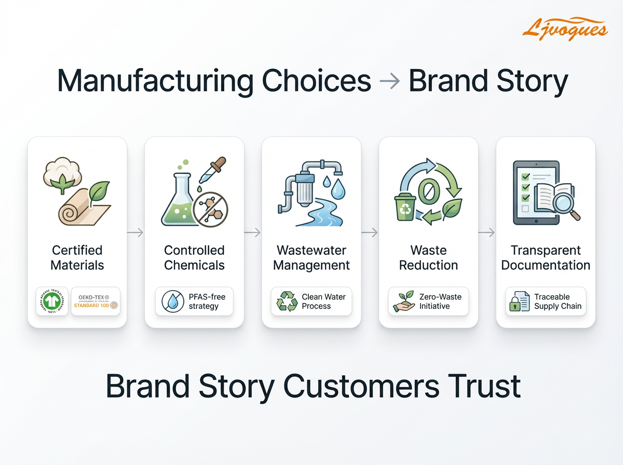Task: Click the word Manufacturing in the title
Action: pyautogui.click(x=155, y=81)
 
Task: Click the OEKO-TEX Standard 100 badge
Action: pyautogui.click(x=96, y=302)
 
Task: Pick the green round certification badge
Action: pyautogui.click(x=52, y=302)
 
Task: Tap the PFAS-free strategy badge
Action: pyautogui.click(x=194, y=302)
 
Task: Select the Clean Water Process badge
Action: pyautogui.click(x=311, y=302)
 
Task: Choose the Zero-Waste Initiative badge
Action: pyautogui.click(x=429, y=302)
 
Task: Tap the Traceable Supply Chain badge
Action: pyautogui.click(x=546, y=302)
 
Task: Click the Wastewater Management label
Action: pyautogui.click(x=311, y=257)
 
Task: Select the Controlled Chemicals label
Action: pyautogui.click(x=194, y=257)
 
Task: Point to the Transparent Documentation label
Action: pyautogui.click(x=546, y=257)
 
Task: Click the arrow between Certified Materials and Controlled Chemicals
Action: pyautogui.click(x=136, y=233)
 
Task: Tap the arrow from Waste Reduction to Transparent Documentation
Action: pyautogui.click(x=487, y=233)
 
